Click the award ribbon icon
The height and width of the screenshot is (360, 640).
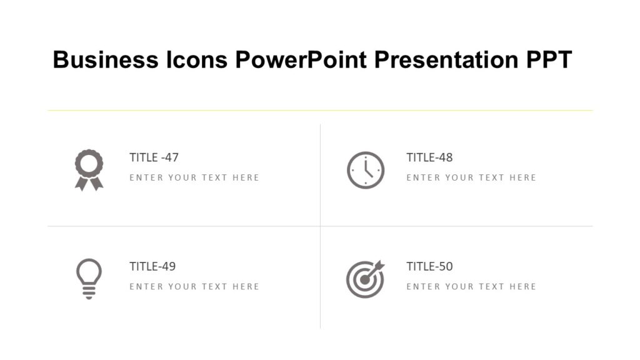(89, 169)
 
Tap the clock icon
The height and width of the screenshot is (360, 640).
(366, 170)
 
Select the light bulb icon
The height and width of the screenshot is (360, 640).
(89, 278)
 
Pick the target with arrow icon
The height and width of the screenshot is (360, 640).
(365, 279)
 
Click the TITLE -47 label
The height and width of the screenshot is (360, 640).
(154, 157)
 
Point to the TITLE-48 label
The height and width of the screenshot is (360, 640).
(429, 157)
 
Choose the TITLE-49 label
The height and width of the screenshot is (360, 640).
(152, 266)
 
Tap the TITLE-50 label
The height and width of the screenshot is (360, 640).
(429, 266)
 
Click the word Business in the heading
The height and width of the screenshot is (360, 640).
(106, 60)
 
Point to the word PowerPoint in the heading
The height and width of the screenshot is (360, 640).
(301, 60)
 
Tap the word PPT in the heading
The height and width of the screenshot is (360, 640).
(548, 60)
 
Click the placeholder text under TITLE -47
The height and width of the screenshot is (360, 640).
(194, 177)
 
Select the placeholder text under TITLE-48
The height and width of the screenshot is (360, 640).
(471, 177)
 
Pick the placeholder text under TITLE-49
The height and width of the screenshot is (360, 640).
(194, 286)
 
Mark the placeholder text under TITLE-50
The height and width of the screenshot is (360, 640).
(471, 286)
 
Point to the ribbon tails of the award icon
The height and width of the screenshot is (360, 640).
(89, 183)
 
